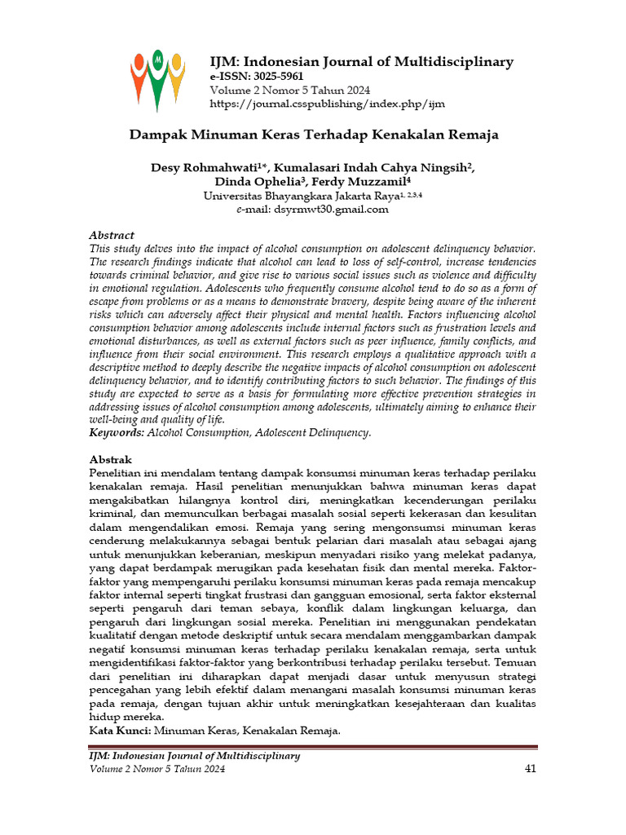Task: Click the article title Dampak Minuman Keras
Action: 315,135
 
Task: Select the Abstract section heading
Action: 111,234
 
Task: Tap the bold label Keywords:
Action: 117,432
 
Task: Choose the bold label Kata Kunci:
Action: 120,731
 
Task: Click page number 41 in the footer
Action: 529,769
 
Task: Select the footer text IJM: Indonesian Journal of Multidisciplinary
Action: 194,756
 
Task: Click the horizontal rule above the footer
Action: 313,745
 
